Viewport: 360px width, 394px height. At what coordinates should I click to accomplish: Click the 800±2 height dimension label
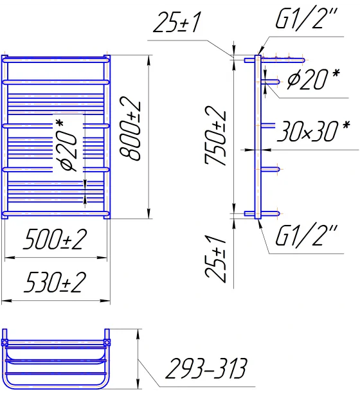click(130, 129)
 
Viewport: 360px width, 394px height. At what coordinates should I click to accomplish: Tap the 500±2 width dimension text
click(55, 239)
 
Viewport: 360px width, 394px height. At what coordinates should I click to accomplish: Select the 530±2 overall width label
click(55, 282)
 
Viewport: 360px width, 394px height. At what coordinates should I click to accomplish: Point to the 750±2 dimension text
click(215, 135)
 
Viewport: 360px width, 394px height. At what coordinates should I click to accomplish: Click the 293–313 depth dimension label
click(206, 368)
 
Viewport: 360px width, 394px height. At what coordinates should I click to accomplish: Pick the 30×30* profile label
click(314, 130)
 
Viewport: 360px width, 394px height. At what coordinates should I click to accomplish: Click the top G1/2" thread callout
click(306, 19)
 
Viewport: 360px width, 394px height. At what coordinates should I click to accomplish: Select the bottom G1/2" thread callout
click(306, 235)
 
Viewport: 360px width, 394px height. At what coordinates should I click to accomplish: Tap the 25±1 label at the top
click(177, 22)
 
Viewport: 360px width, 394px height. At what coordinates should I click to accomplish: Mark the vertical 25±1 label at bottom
click(215, 259)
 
